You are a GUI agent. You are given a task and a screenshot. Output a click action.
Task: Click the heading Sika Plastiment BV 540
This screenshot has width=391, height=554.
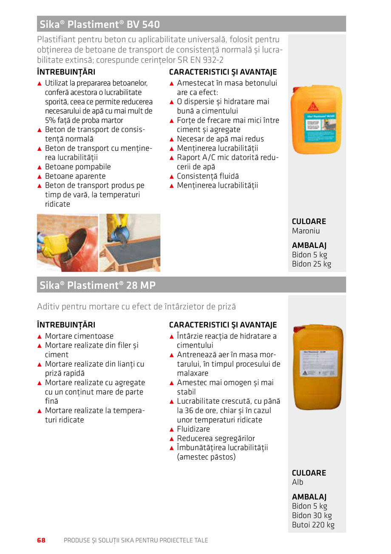[x=100, y=25]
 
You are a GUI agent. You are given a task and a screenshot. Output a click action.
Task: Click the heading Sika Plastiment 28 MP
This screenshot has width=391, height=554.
[x=98, y=285]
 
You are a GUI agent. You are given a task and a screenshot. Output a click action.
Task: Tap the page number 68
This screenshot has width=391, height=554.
[x=41, y=540]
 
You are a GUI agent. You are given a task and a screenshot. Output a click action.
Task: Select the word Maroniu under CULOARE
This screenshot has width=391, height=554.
[x=306, y=231]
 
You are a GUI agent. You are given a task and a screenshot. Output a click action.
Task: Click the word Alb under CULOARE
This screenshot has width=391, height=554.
[x=297, y=482]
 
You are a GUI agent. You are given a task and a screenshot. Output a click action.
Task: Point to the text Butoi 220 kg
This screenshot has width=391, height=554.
[x=313, y=525]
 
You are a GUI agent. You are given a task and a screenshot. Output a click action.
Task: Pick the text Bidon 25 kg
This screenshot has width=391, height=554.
[x=312, y=264]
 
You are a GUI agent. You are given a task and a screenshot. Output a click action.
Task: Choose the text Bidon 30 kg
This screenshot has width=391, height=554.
[x=312, y=515]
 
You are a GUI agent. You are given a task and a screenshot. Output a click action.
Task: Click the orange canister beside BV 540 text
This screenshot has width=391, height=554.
[x=316, y=120]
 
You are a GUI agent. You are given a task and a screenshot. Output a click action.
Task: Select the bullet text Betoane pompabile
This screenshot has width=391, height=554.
[x=78, y=167]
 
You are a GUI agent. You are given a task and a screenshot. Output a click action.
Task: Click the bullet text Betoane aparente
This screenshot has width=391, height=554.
[x=75, y=176]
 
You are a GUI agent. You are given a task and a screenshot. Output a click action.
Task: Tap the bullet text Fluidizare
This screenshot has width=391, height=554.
[x=193, y=429]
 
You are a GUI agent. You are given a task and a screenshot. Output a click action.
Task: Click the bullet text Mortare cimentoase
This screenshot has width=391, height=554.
[x=79, y=336]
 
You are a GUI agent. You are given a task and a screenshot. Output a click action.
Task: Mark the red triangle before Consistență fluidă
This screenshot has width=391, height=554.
[x=172, y=177]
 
